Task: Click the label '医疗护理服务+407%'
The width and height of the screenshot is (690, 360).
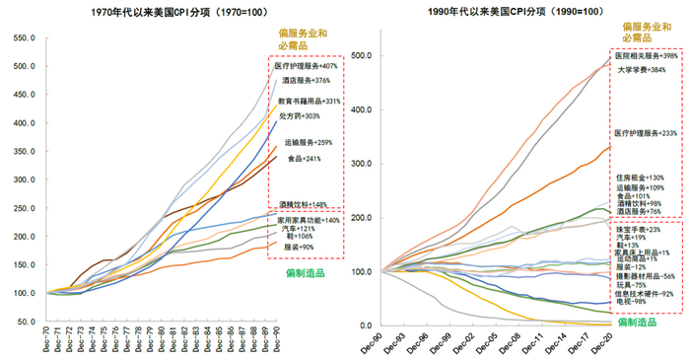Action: [x=306, y=66]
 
